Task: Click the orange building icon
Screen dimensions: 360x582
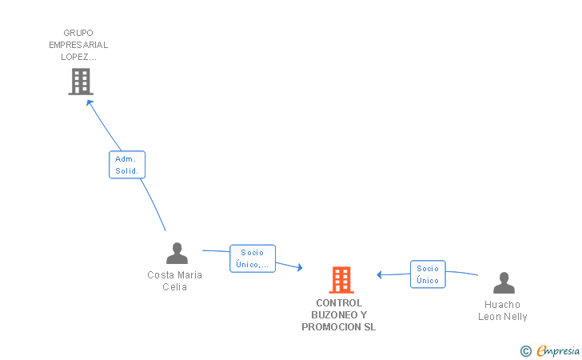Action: (x=341, y=280)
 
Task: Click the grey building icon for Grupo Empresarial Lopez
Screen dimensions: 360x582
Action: (x=80, y=82)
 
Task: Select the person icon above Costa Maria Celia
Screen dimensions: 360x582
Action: (x=177, y=254)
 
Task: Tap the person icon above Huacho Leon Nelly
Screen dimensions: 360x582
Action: (x=504, y=283)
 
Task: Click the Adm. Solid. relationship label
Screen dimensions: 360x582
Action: (x=126, y=165)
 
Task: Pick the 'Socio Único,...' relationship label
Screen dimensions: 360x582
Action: (x=252, y=258)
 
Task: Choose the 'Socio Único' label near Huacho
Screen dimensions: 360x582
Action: (x=428, y=274)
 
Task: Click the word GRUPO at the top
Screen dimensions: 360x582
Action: (x=78, y=33)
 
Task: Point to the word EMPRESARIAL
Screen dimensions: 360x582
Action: (x=78, y=45)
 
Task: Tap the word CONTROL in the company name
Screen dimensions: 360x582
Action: (x=339, y=303)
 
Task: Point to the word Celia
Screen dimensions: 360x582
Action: (x=174, y=287)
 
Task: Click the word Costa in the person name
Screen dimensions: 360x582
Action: (x=160, y=275)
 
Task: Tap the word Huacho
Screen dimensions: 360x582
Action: (x=502, y=305)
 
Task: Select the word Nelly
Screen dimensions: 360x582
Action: (x=516, y=317)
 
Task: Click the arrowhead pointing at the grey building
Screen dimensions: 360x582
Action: (x=90, y=102)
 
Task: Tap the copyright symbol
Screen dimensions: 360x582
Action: (x=525, y=350)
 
